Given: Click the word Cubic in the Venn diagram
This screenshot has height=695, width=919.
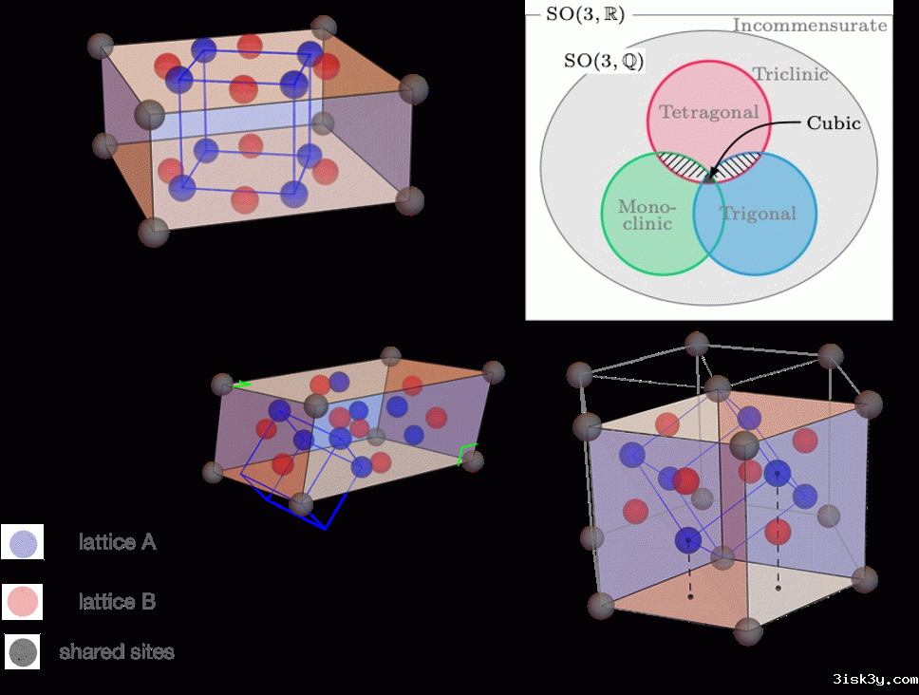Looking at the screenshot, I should [833, 123].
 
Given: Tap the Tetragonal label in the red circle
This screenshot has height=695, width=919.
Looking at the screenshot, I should [708, 112].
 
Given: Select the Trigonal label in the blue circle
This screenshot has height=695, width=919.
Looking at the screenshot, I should [758, 213].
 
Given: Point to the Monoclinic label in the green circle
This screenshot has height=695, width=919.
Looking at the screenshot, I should [646, 215].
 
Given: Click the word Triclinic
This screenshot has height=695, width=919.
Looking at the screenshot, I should [790, 74].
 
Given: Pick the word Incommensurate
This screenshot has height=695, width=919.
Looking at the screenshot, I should [810, 26].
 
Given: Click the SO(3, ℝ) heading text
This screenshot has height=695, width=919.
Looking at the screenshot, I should [586, 15].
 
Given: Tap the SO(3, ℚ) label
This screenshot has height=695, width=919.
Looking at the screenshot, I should [605, 61].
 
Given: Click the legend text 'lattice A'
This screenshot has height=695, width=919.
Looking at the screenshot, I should [118, 543].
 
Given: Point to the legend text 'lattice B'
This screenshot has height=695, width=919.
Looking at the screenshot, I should [118, 602].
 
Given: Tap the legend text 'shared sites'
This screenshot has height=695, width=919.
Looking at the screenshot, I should [117, 652].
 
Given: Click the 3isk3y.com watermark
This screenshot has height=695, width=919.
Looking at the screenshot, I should [874, 680].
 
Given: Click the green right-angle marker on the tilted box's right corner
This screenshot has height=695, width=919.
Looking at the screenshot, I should [466, 453].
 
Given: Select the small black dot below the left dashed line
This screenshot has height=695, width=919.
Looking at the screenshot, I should [690, 597].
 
